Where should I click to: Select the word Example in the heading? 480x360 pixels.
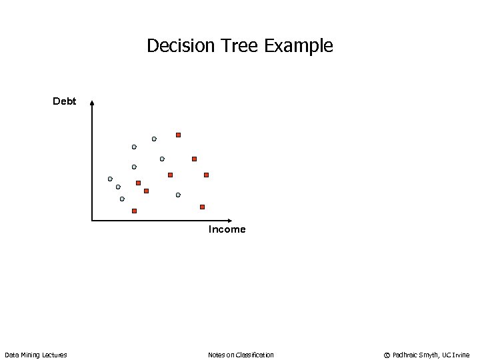point(299,47)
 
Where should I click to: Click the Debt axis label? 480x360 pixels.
point(65,101)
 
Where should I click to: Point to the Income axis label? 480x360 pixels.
point(227,229)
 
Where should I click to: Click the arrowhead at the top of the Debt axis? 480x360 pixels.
point(92,103)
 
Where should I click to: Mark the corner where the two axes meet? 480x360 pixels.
point(92,220)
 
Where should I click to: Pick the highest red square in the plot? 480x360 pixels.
point(178,135)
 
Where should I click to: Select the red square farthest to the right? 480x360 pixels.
point(206,175)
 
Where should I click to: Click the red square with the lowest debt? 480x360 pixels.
point(134,211)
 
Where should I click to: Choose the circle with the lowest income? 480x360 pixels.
point(110,179)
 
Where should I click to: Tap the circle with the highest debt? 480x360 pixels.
point(154,139)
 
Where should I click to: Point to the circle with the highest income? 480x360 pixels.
point(178,195)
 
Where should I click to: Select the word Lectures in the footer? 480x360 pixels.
point(55,355)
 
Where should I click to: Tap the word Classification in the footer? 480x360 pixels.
point(253,355)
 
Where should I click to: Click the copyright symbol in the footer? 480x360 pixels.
point(387,355)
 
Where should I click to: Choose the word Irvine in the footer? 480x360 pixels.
point(461,355)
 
